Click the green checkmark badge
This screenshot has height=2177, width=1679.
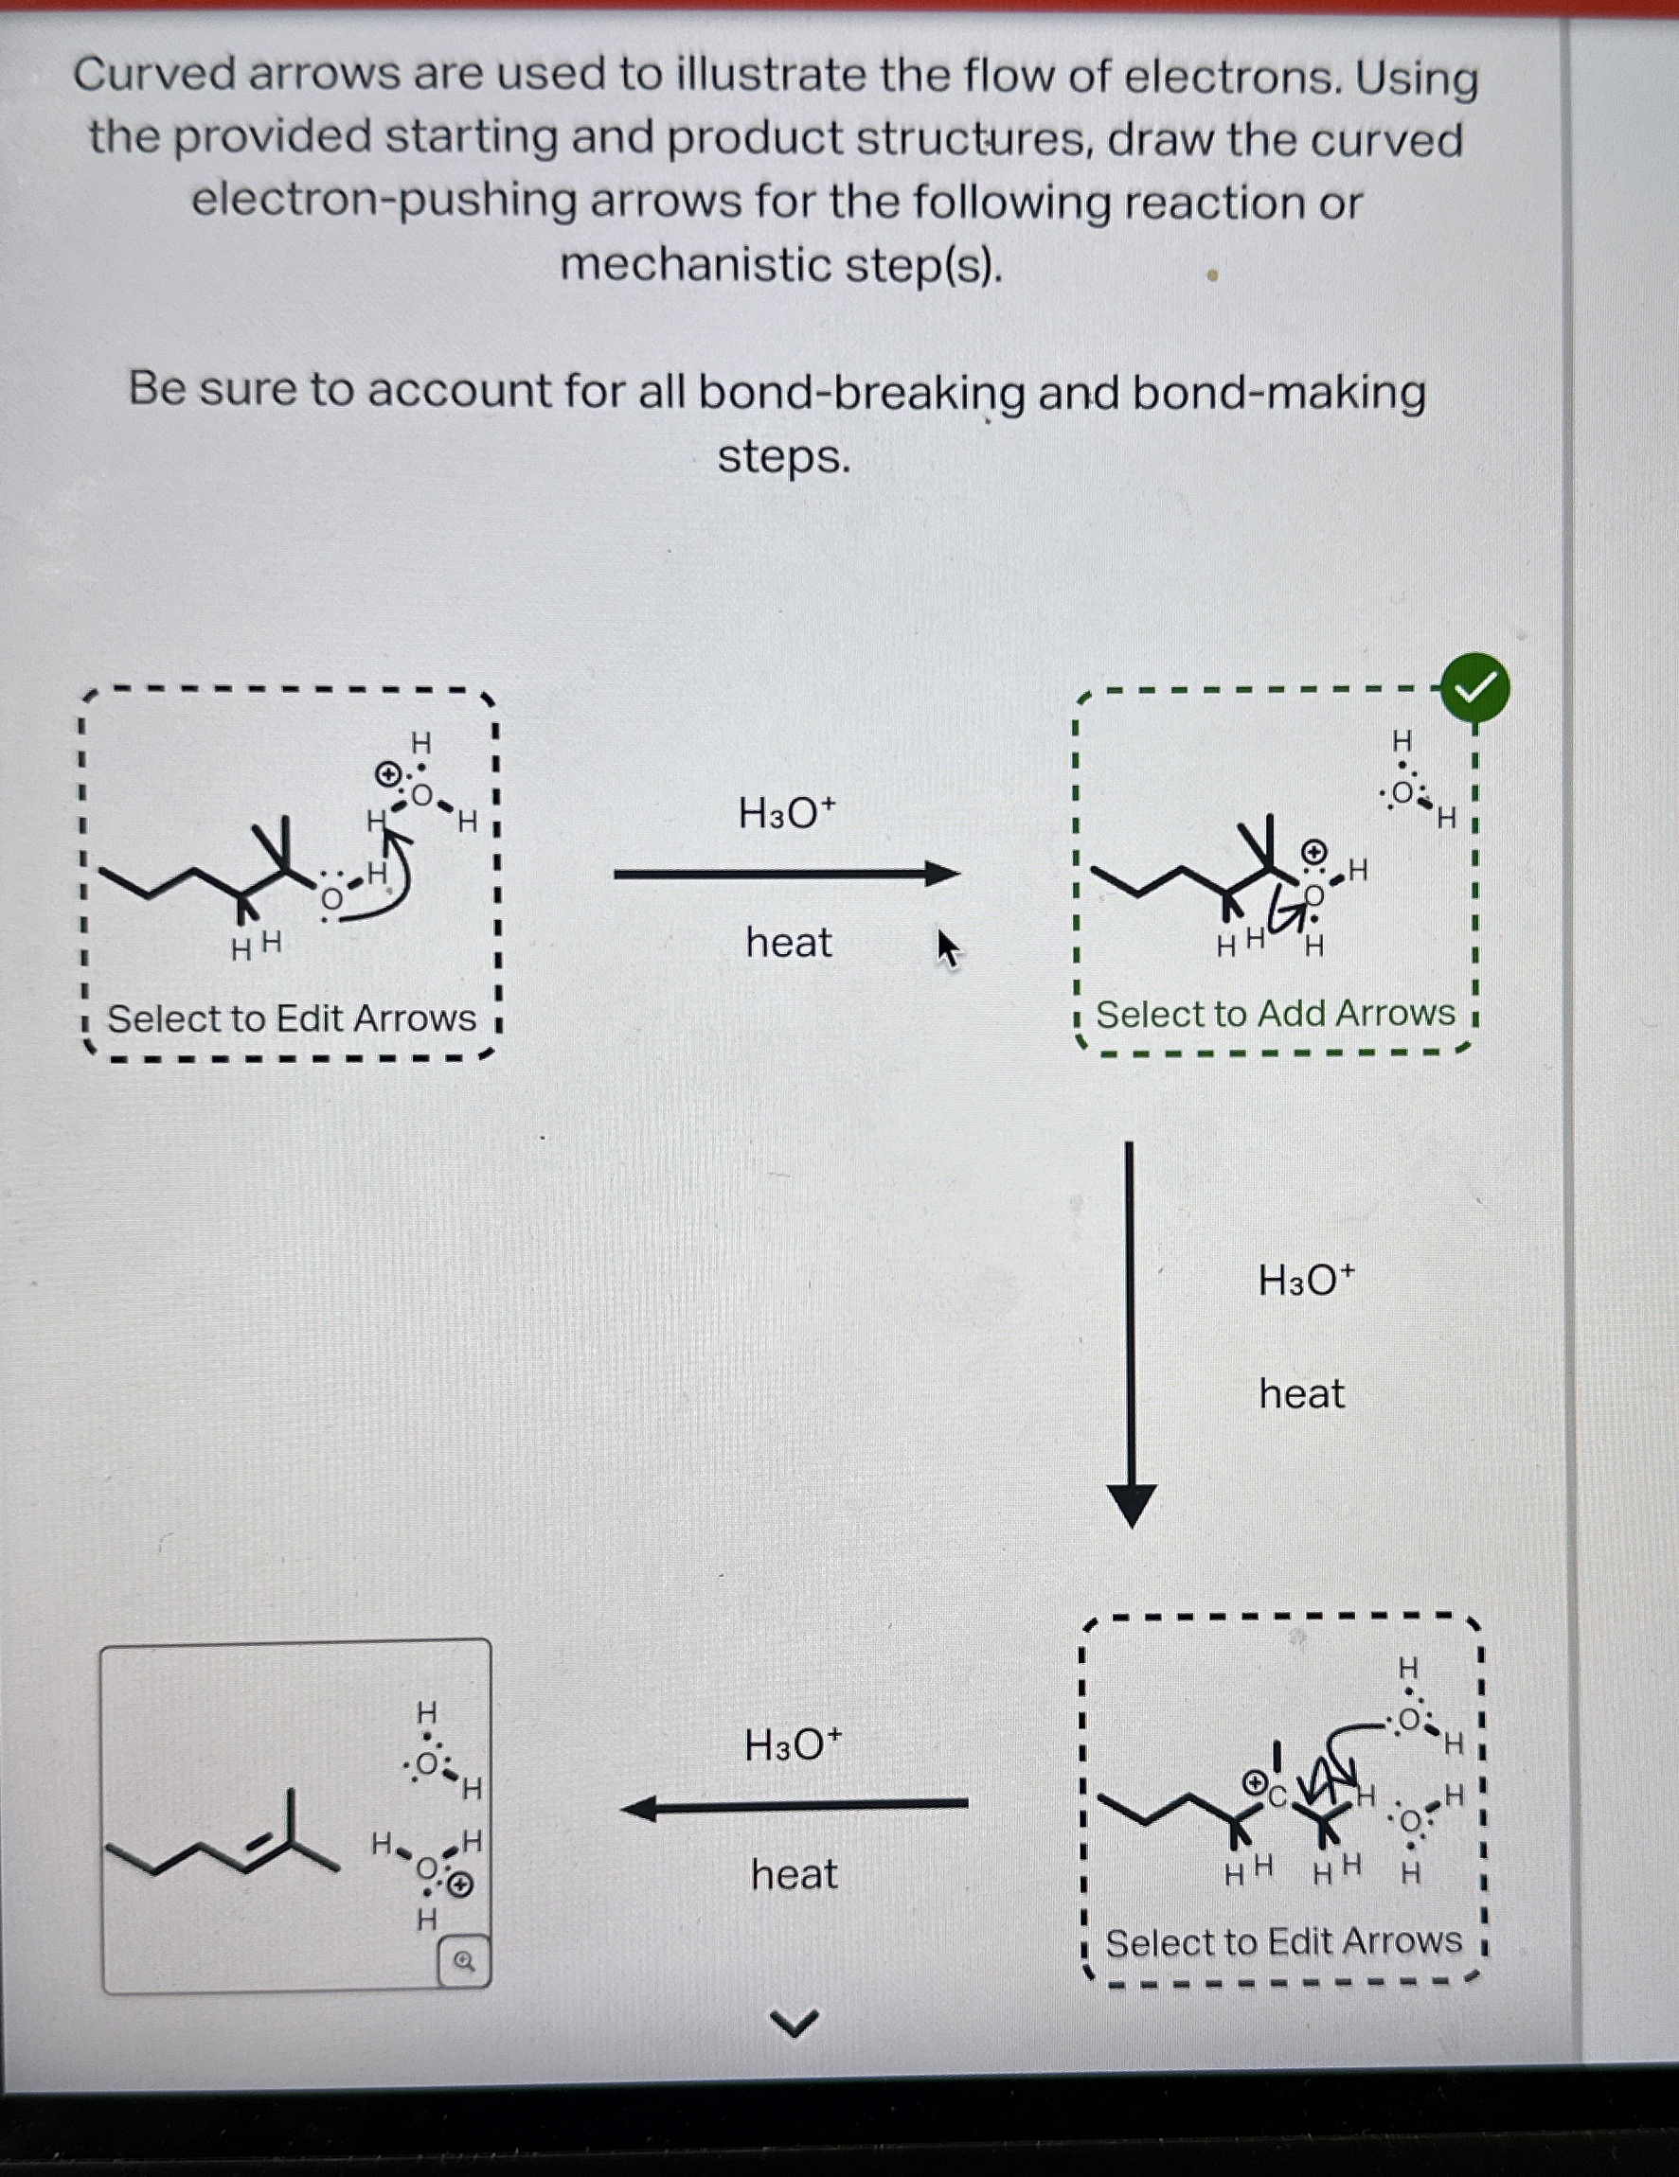click(x=1474, y=688)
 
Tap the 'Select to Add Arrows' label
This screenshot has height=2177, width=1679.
click(x=1276, y=1014)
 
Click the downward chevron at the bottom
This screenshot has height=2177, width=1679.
click(x=795, y=2023)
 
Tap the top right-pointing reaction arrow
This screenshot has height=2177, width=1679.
click(x=786, y=875)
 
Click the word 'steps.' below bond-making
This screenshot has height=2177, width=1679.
click(x=784, y=457)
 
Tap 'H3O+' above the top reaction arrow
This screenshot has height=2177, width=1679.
click(x=787, y=813)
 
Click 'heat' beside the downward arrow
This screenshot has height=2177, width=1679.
click(x=1301, y=1393)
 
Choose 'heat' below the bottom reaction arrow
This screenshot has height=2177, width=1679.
click(x=794, y=1875)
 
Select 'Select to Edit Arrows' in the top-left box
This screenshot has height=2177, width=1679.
click(x=291, y=1018)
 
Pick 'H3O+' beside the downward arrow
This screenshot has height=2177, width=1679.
click(x=1306, y=1279)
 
